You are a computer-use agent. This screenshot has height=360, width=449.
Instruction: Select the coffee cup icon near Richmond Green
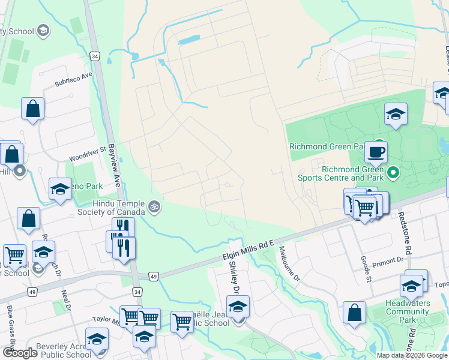pyautogui.click(x=376, y=152)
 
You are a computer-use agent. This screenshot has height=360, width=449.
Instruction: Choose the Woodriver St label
pyautogui.click(x=87, y=154)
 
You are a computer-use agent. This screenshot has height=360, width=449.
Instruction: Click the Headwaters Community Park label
pyautogui.click(x=407, y=311)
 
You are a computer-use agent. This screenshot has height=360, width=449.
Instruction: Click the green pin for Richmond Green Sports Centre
pyautogui.click(x=393, y=173)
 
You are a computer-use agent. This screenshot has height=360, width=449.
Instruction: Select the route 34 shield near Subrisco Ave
pyautogui.click(x=95, y=56)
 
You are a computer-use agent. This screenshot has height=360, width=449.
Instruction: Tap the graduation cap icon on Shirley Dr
pyautogui.click(x=238, y=307)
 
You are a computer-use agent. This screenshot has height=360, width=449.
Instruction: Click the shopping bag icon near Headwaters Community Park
pyautogui.click(x=354, y=312)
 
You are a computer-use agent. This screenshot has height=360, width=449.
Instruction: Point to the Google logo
pyautogui.click(x=20, y=353)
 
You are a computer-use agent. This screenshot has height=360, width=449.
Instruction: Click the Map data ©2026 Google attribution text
pyautogui.click(x=412, y=355)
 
